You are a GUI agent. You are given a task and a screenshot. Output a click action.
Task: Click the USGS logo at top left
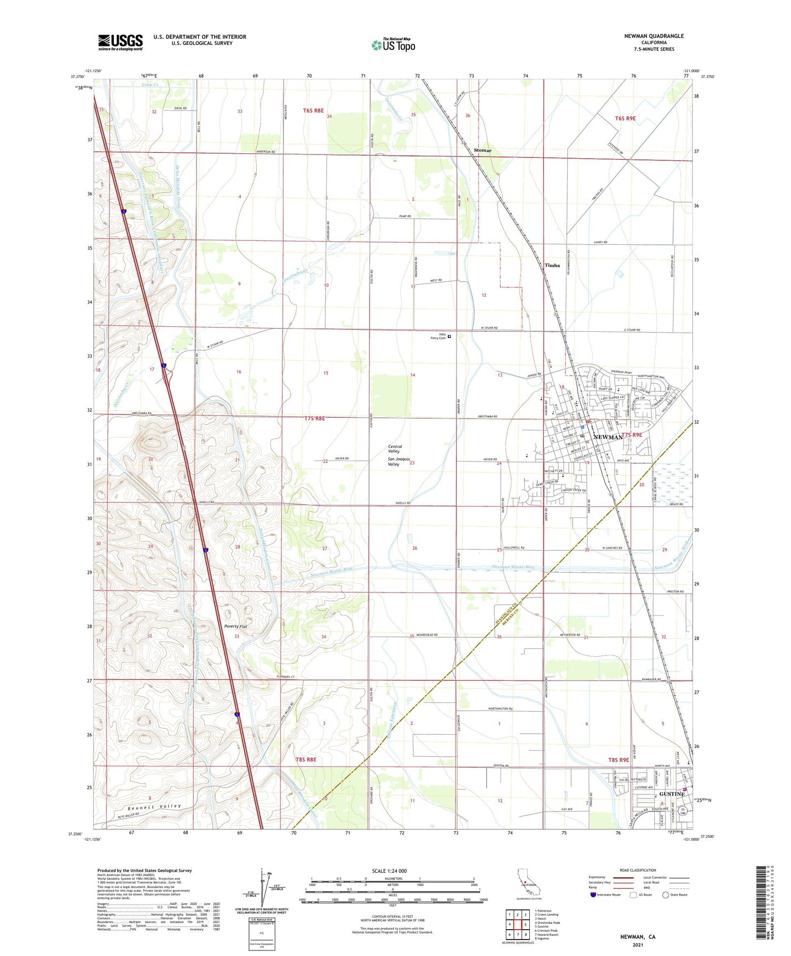(120, 42)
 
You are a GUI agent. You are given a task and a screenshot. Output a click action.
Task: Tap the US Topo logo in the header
(393, 45)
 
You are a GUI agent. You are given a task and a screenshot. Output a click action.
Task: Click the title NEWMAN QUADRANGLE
(654, 36)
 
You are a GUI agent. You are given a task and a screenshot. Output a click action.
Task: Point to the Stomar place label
(482, 150)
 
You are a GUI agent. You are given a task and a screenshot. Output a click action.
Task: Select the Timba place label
(552, 265)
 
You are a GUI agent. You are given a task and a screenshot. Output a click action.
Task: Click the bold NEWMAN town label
(608, 437)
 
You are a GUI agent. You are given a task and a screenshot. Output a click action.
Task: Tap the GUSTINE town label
(672, 794)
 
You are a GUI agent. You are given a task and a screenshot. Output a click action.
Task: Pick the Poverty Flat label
(235, 627)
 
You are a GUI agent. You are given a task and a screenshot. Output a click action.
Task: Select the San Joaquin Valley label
(401, 464)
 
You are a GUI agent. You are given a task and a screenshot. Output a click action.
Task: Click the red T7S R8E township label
(314, 418)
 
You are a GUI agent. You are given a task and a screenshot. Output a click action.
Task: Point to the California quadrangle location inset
(525, 883)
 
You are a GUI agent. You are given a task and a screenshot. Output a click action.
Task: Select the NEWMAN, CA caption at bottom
(637, 937)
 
